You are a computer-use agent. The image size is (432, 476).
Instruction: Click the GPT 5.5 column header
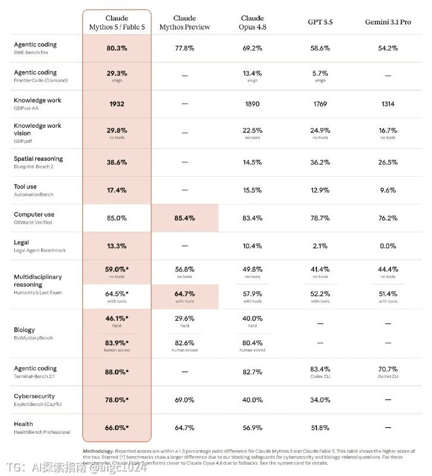(320, 22)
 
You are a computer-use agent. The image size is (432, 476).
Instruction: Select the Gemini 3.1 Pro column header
(388, 22)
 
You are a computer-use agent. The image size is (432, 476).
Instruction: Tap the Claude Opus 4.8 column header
(252, 23)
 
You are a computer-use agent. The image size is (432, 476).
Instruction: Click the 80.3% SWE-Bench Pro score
(117, 48)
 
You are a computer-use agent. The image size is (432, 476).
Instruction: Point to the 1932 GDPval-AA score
(117, 104)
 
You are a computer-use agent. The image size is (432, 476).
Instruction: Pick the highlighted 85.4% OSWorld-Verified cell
(185, 218)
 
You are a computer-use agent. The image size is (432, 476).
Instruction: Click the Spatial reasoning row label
(38, 158)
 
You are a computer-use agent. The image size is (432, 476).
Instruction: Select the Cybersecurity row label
(35, 396)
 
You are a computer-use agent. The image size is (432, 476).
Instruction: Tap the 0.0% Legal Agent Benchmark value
(388, 246)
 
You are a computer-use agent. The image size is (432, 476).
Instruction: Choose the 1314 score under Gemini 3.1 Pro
(388, 104)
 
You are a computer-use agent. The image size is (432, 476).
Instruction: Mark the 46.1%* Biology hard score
(117, 318)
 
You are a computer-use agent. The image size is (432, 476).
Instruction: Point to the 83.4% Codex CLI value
(320, 369)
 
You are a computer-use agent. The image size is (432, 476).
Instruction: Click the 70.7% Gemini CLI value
(388, 369)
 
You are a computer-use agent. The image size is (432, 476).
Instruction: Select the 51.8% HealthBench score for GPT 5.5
(320, 428)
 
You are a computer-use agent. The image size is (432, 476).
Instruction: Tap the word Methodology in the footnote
(98, 451)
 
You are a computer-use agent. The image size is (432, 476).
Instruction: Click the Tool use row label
(25, 186)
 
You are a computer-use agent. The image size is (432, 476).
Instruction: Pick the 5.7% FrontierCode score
(320, 73)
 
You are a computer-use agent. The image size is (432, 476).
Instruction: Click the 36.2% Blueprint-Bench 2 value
(320, 162)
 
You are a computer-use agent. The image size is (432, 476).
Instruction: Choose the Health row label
(23, 424)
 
